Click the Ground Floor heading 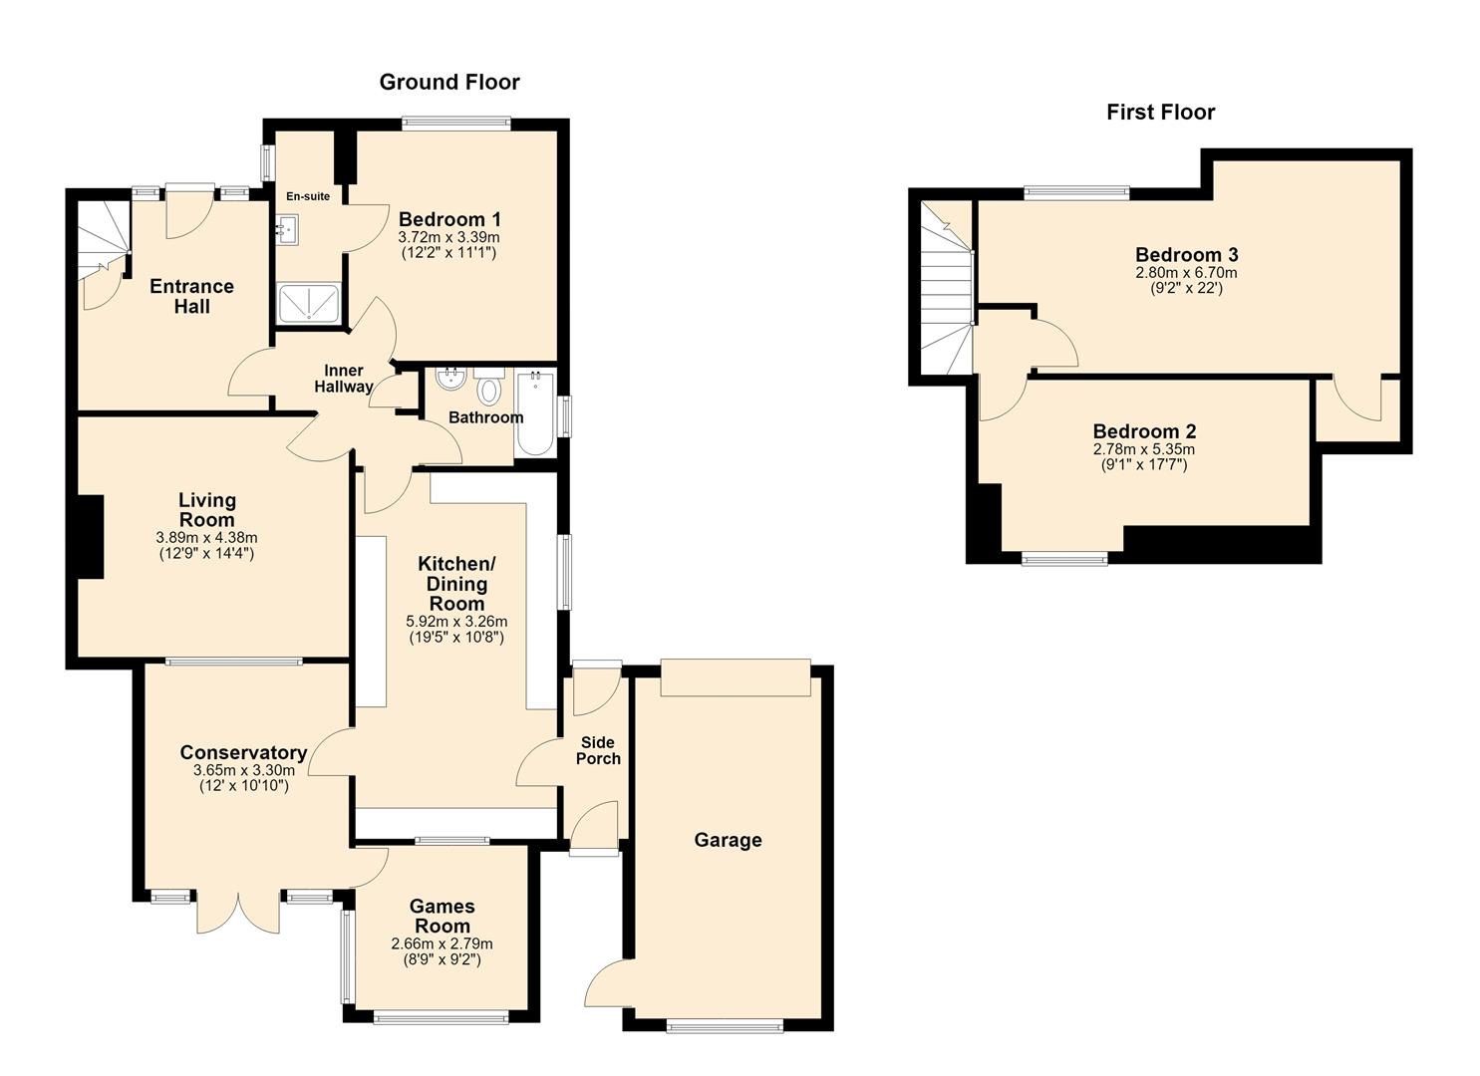coord(449,82)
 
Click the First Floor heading coord(1161,113)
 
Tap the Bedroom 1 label coord(449,219)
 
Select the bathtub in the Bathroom coord(535,413)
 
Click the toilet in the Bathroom coord(489,387)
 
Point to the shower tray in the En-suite coord(309,303)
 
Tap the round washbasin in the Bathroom coord(451,380)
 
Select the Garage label coord(728,840)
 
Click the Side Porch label coord(598,750)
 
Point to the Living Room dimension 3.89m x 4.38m coord(207,538)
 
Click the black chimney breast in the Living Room coord(91,537)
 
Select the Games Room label coord(443,917)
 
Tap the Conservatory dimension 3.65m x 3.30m coord(244,770)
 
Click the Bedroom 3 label coord(1187,255)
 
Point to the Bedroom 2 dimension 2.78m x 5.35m coord(1144,449)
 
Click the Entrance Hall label coord(191,297)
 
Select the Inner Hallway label coord(344,379)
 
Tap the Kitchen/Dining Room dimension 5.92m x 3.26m coord(456,622)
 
